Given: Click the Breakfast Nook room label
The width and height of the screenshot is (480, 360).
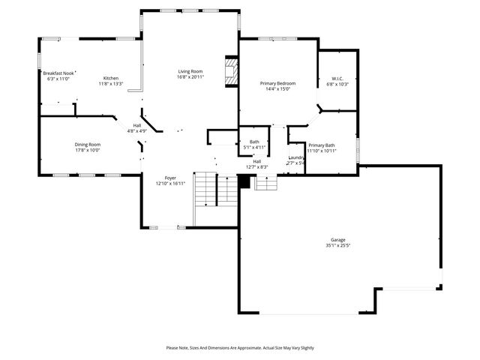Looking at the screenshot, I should point(58,73).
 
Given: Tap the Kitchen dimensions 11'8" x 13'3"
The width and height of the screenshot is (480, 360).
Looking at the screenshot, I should point(110,83).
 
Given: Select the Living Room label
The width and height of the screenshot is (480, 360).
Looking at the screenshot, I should point(190,71).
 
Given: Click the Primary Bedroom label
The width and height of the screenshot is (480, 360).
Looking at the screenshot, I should point(277,83).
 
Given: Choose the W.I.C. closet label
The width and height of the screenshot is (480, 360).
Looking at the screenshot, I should point(337,78).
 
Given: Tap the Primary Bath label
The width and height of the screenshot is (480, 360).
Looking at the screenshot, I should point(322,145).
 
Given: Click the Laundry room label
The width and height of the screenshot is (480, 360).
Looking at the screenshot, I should point(295,157).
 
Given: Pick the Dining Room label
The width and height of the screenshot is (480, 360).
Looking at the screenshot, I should point(87,145).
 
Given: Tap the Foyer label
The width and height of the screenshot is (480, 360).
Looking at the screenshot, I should point(169,178).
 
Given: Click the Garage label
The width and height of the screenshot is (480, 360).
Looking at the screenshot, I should point(338,240).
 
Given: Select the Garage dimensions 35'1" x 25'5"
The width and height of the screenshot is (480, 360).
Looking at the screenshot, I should point(338,245).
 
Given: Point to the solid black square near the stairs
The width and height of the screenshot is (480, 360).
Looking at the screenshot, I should point(244,181).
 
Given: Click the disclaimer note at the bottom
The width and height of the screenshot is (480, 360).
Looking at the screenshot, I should point(240,347).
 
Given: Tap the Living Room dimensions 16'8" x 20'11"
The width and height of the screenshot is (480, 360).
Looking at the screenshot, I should point(190,77).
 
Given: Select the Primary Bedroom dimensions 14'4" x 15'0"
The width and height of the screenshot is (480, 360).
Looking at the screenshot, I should point(277,89).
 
